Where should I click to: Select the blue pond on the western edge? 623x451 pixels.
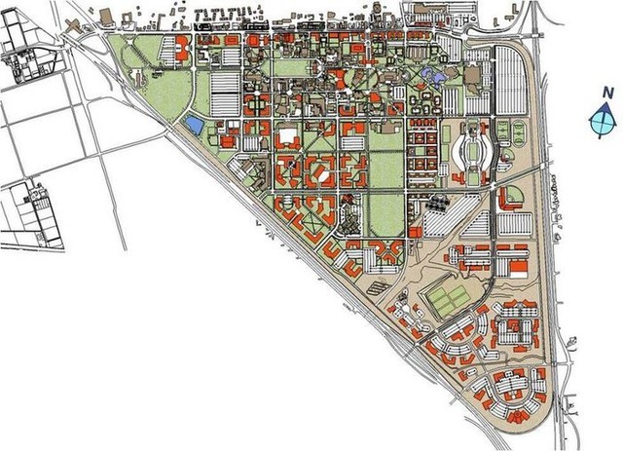(195, 125)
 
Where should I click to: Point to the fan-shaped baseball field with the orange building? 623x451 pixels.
(512, 198)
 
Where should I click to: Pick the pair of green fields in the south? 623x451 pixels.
(449, 300)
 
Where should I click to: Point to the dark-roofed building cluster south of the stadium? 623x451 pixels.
(434, 204)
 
